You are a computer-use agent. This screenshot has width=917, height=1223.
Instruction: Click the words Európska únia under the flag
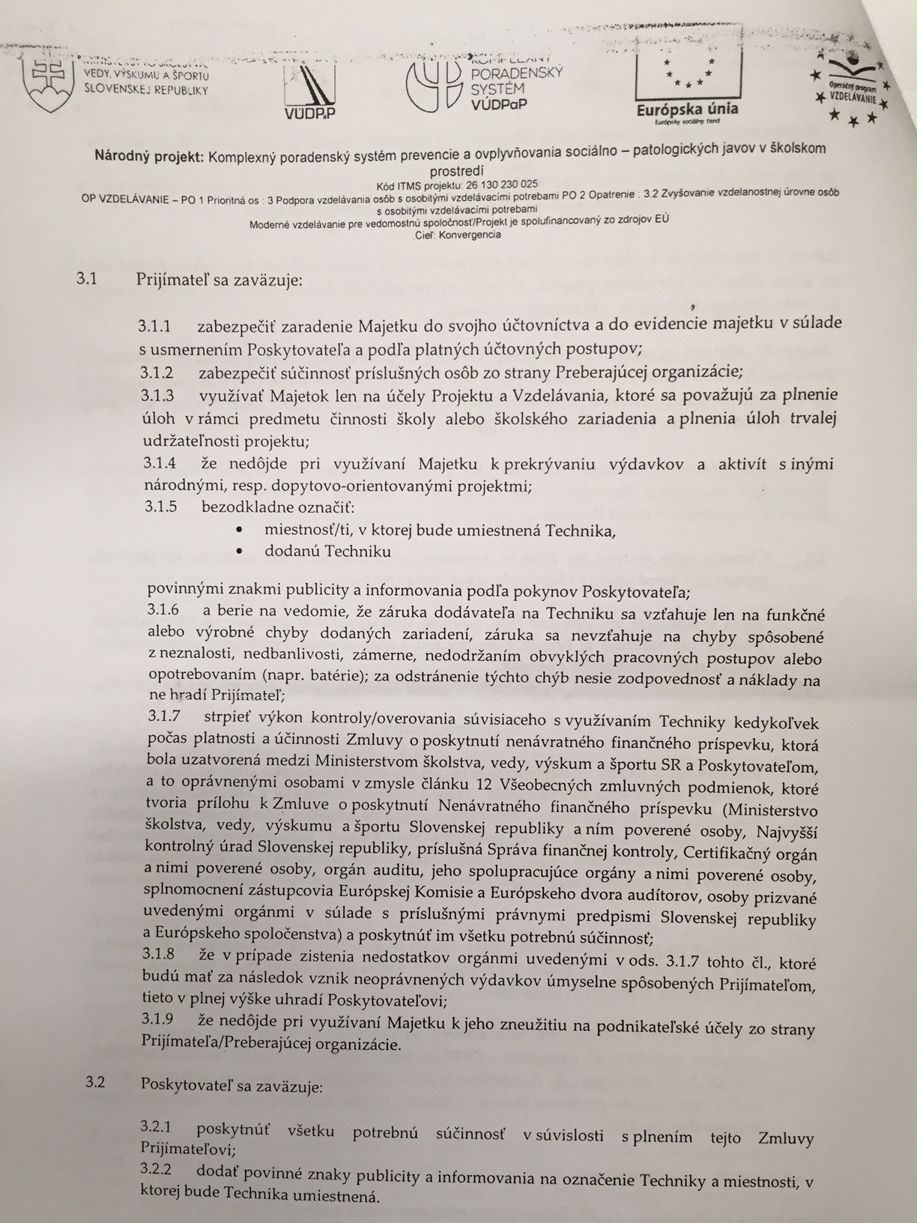click(x=687, y=109)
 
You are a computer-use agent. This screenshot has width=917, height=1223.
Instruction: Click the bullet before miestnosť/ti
click(x=238, y=530)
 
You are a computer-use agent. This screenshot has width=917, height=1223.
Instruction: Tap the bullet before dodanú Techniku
click(x=238, y=552)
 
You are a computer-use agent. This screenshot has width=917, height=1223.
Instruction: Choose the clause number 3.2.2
click(x=156, y=1170)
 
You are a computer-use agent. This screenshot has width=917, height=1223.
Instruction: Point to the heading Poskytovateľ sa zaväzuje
click(x=231, y=1084)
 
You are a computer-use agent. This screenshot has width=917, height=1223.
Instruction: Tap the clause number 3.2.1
click(x=156, y=1128)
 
